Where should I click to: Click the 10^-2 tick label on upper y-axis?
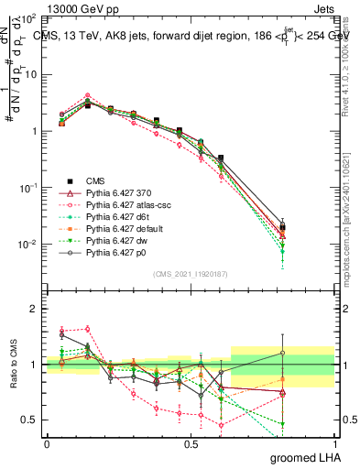(27, 245)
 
